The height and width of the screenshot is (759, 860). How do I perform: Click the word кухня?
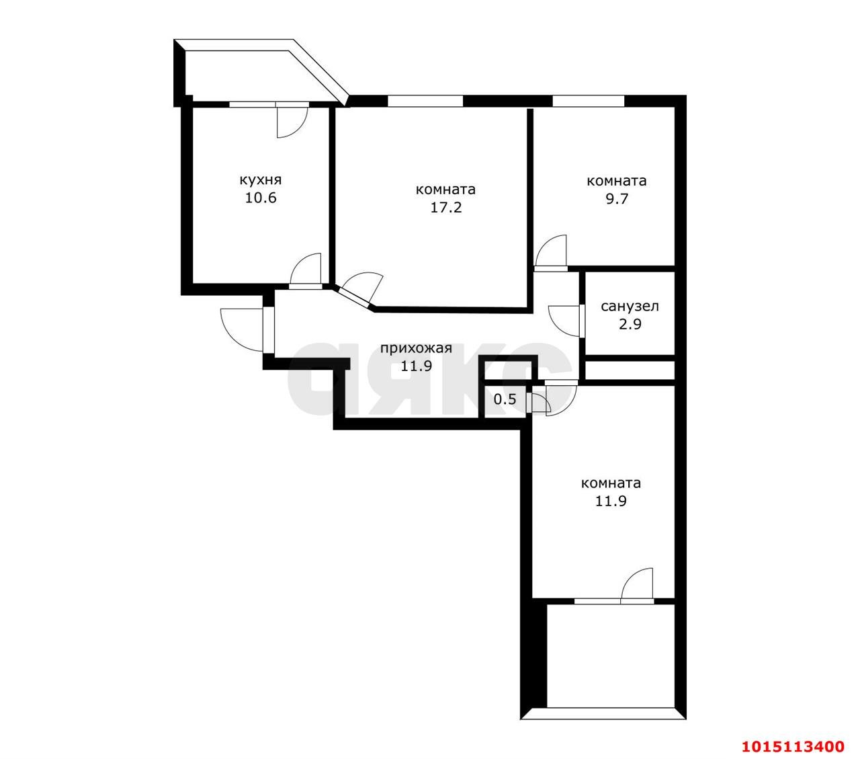[x=260, y=180]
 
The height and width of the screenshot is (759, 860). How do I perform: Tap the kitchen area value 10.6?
[x=260, y=198]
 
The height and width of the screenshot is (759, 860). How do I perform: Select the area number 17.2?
[x=445, y=207]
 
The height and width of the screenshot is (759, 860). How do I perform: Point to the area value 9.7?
[x=616, y=199]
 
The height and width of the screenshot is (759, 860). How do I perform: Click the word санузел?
[x=630, y=307]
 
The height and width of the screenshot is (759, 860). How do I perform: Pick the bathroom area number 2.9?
[x=630, y=324]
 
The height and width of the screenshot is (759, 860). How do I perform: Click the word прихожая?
[x=416, y=348]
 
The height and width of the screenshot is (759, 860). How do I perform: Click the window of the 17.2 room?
[x=425, y=101]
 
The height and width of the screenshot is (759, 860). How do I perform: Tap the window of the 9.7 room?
[x=589, y=101]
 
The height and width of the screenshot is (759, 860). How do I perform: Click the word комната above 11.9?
[x=611, y=483]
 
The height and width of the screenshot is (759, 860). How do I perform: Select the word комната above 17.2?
[x=445, y=190]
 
